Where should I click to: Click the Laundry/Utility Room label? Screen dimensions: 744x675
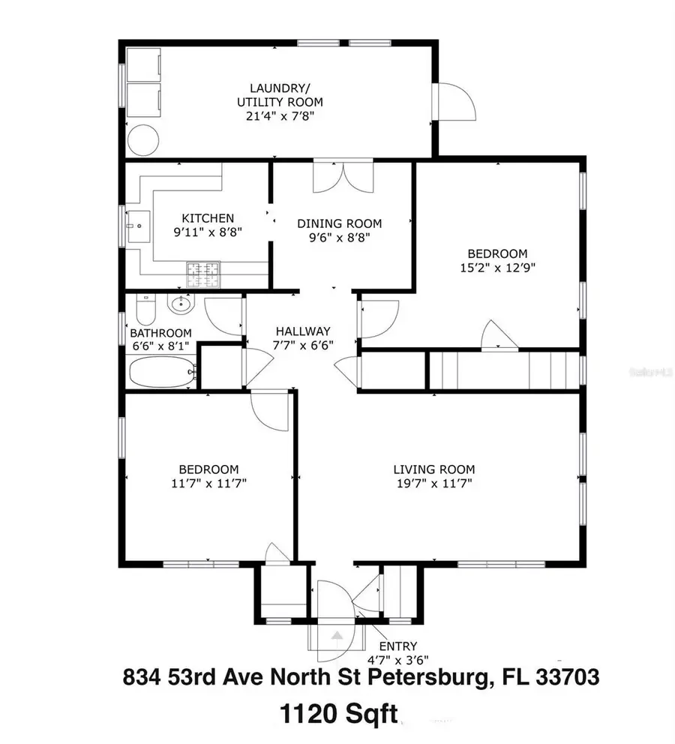pyautogui.click(x=275, y=94)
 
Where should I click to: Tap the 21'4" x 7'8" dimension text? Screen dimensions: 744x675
pyautogui.click(x=275, y=116)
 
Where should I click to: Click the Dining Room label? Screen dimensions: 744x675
pyautogui.click(x=339, y=223)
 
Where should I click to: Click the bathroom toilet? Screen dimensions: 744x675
pyautogui.click(x=146, y=308)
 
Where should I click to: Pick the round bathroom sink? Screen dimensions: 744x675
pyautogui.click(x=181, y=304)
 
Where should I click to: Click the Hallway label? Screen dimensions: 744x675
pyautogui.click(x=303, y=331)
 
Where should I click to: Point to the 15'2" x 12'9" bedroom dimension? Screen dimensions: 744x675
pyautogui.click(x=497, y=267)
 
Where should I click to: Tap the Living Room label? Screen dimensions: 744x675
pyautogui.click(x=433, y=469)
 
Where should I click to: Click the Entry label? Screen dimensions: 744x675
pyautogui.click(x=397, y=646)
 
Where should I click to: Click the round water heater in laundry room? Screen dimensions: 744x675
pyautogui.click(x=143, y=139)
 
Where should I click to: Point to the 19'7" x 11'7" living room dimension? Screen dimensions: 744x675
pyautogui.click(x=433, y=484)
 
